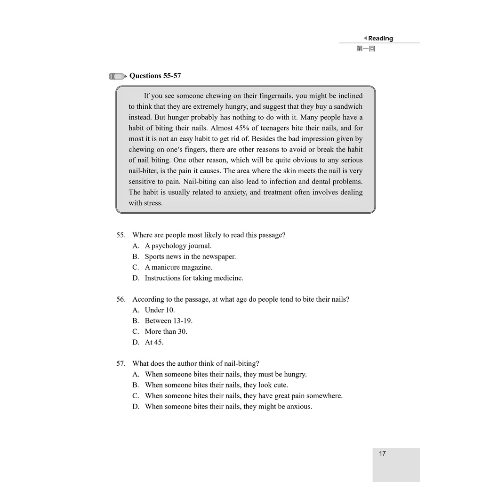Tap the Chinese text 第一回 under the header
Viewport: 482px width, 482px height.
pyautogui.click(x=366, y=48)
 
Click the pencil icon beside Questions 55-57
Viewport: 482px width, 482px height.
pyautogui.click(x=118, y=76)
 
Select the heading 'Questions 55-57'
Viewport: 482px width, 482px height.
pyautogui.click(x=155, y=76)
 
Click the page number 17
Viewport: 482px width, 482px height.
pyautogui.click(x=382, y=454)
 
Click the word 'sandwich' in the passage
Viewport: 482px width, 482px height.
pyautogui.click(x=348, y=106)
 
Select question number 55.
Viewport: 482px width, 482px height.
pyautogui.click(x=121, y=235)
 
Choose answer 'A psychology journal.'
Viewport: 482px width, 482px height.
pyautogui.click(x=178, y=246)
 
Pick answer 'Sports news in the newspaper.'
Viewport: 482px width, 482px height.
pyautogui.click(x=190, y=257)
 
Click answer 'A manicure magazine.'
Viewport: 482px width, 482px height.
pyautogui.click(x=178, y=267)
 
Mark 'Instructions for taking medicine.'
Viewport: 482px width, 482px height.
pyautogui.click(x=194, y=278)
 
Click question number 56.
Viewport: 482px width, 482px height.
pyautogui.click(x=121, y=299)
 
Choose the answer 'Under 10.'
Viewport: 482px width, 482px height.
pyautogui.click(x=160, y=310)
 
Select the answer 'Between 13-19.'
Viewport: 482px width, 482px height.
pyautogui.click(x=169, y=321)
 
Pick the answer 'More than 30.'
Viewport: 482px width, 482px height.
pyautogui.click(x=166, y=332)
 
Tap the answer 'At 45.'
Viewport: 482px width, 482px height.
pyautogui.click(x=154, y=343)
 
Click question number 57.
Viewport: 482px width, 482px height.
pyautogui.click(x=121, y=364)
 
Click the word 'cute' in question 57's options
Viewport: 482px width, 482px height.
pyautogui.click(x=280, y=385)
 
